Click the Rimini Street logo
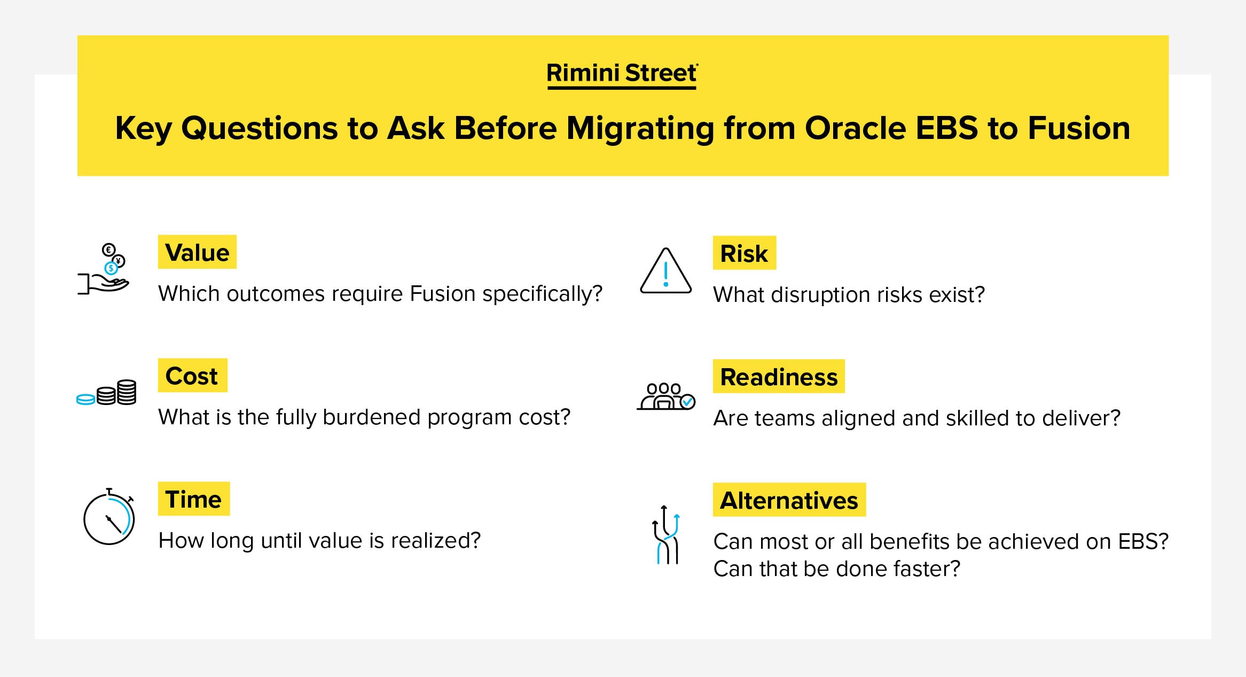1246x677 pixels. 622,75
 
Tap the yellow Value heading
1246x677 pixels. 197,252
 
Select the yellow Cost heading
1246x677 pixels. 192,375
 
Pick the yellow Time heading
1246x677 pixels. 193,499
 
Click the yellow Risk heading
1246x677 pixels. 744,253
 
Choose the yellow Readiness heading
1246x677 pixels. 779,376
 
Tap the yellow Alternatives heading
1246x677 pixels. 789,500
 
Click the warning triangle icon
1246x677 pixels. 665,271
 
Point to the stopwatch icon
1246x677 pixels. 109,517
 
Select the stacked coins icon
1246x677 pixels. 106,393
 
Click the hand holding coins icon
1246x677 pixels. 104,269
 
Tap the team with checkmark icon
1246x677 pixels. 666,396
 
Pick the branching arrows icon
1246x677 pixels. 665,534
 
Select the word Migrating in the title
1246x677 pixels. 640,129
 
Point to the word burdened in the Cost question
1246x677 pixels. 372,417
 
